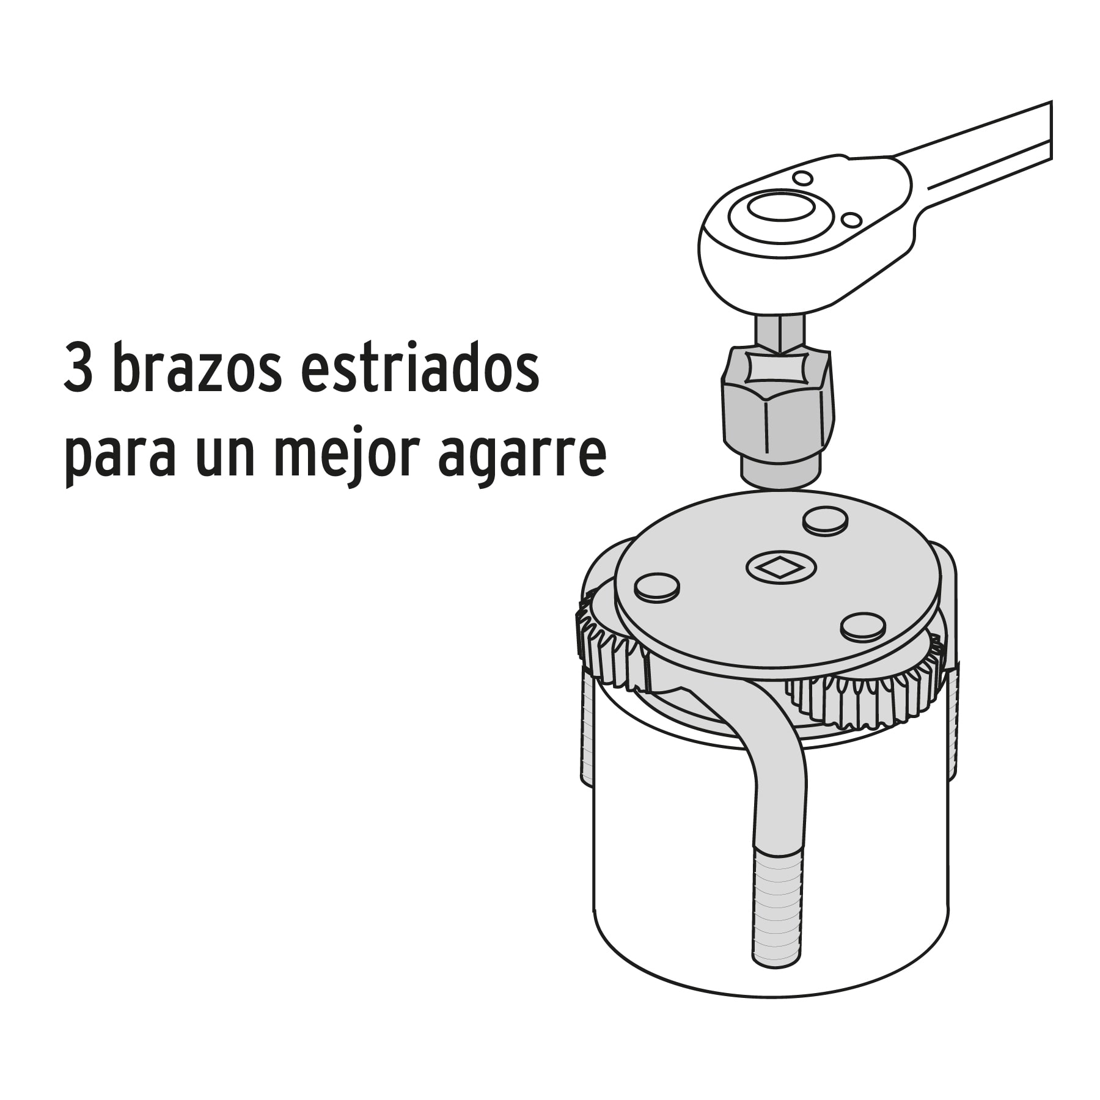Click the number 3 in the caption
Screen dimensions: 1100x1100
(x=78, y=370)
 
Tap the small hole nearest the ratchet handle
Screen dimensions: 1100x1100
(x=851, y=219)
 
